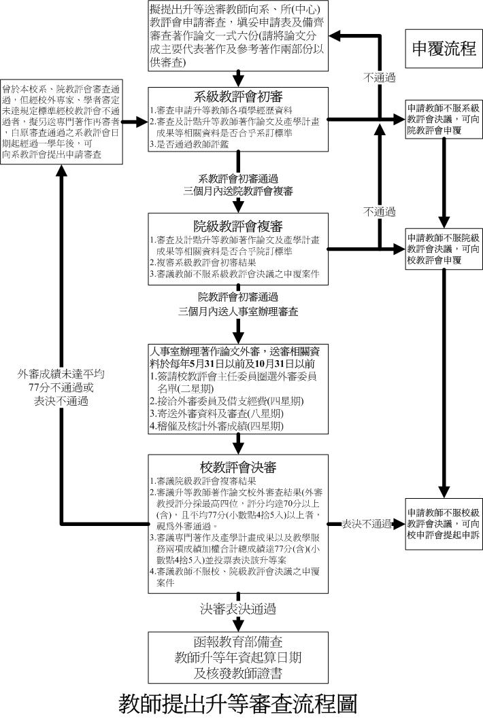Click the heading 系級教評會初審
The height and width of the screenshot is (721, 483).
(x=238, y=96)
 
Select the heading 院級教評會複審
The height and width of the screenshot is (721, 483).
(x=238, y=226)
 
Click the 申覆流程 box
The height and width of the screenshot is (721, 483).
(x=443, y=48)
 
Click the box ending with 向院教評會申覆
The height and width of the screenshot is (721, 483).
(x=443, y=118)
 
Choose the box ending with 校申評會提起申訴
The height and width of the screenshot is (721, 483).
(x=443, y=524)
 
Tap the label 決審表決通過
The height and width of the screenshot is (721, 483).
(x=238, y=608)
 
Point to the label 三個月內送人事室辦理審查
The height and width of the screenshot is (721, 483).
(x=238, y=311)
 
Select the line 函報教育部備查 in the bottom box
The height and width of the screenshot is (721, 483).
(x=238, y=642)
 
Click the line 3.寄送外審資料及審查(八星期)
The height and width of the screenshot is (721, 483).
(x=216, y=413)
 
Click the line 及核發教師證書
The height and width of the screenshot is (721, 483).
(x=238, y=673)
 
